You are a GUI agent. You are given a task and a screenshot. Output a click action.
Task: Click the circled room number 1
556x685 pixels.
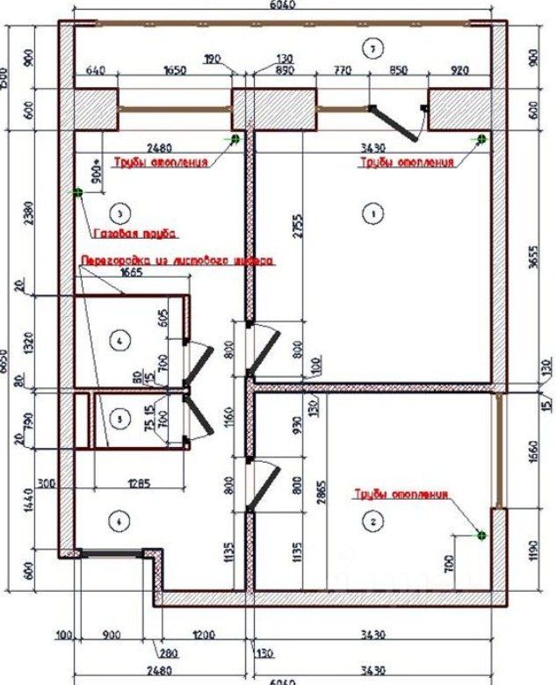click(x=372, y=213)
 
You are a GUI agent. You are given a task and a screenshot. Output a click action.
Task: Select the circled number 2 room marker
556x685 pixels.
click(x=374, y=522)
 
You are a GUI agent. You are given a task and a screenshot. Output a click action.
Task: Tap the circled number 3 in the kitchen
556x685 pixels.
click(x=121, y=212)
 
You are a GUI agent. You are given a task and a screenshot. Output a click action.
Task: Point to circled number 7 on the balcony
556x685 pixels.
click(x=372, y=47)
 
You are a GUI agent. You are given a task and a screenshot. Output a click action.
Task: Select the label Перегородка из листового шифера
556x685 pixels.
click(x=177, y=261)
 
